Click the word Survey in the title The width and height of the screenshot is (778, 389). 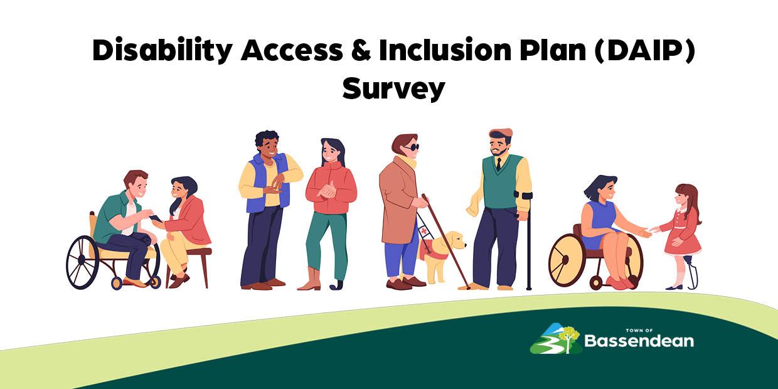coord(393,88)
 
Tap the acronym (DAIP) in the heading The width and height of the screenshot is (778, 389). coord(644,50)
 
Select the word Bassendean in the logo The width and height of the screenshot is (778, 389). coord(639,341)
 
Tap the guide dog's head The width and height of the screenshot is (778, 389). coord(455,240)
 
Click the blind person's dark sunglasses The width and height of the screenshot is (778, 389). coord(412,147)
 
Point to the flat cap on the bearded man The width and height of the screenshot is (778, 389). coord(501,132)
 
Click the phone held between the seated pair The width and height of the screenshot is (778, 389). coord(156,218)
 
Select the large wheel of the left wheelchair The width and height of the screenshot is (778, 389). coord(82,262)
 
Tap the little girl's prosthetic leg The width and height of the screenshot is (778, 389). coord(692,272)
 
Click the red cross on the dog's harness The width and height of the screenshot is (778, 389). coord(424,231)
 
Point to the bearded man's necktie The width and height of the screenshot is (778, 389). coord(499,164)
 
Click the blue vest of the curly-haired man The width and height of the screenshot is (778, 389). coord(267,183)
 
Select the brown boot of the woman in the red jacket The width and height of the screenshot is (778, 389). coord(311,279)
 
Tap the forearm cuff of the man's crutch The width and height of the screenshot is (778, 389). coord(523,195)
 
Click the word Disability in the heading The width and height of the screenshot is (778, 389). coord(163,51)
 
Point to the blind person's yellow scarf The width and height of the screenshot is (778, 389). coord(407,162)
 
